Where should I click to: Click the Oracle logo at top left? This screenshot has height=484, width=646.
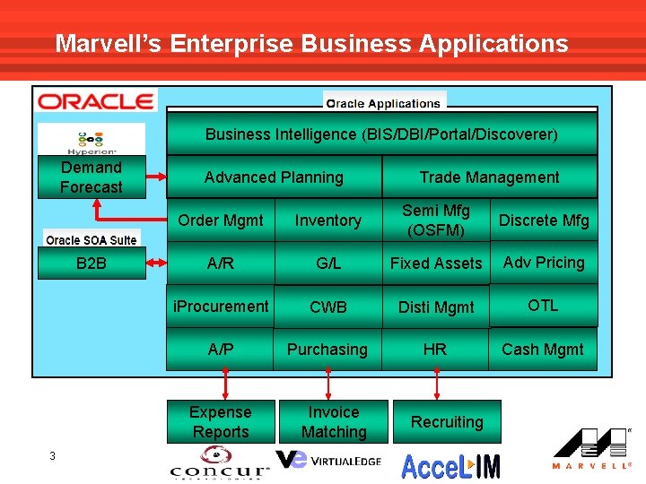tap(95, 100)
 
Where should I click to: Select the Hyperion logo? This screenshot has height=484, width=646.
tap(92, 140)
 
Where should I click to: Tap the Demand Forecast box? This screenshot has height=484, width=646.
tap(91, 177)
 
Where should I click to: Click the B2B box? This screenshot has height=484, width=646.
tap(91, 264)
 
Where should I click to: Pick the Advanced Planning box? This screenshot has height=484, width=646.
tap(274, 177)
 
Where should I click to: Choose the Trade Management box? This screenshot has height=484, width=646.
tap(489, 177)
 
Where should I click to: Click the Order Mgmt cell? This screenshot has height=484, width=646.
tap(221, 220)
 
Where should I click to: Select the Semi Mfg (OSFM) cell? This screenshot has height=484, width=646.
tap(435, 220)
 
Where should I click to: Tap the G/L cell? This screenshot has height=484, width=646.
tap(327, 264)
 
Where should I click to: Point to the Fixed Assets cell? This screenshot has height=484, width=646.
tap(435, 264)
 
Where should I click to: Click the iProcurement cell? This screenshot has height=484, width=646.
tap(221, 307)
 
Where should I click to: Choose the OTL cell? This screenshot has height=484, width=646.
tap(543, 306)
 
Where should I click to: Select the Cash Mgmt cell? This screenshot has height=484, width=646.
tap(543, 350)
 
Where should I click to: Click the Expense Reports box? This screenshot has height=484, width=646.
tap(221, 422)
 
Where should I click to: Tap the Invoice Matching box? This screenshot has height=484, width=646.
tap(334, 422)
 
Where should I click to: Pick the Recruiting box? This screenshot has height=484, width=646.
tap(447, 422)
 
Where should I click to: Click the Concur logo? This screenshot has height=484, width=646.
tap(220, 466)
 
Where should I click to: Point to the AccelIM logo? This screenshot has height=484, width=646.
tap(450, 465)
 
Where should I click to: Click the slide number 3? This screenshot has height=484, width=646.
tap(53, 456)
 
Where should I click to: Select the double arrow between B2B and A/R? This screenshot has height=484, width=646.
tap(156, 264)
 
